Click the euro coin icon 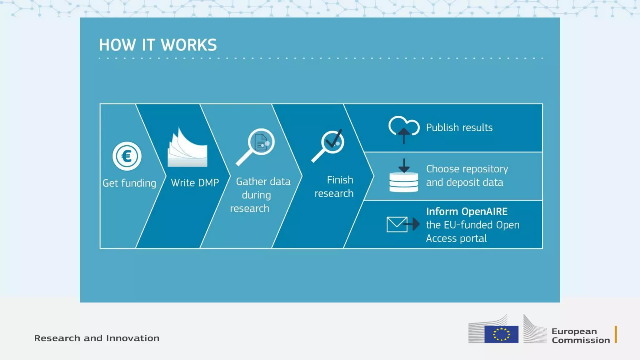point(127,156)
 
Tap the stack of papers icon point(187,149)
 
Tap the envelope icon point(397,224)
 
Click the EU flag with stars point(501,334)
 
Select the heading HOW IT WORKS point(158,45)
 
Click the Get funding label point(129,183)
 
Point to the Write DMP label point(195,183)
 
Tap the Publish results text point(459,127)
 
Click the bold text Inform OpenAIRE point(467,212)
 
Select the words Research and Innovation point(97,338)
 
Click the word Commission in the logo point(581,340)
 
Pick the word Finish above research point(340,180)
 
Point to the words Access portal point(456,238)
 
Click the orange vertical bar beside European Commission point(616,334)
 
